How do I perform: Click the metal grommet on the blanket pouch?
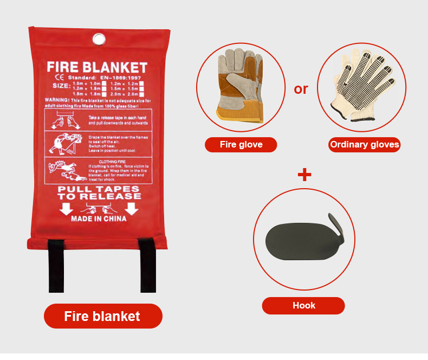[x=99, y=39]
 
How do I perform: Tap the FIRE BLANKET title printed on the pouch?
[x=97, y=68]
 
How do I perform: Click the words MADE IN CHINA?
[x=99, y=219]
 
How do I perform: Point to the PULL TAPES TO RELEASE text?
[x=99, y=192]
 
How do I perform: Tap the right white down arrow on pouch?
[x=132, y=209]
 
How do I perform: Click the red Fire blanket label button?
[x=102, y=316]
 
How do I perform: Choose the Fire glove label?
[x=241, y=145]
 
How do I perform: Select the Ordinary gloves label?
[x=364, y=145]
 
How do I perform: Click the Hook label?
[x=303, y=305]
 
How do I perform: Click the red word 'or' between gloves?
[x=301, y=89]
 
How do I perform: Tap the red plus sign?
[x=304, y=175]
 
